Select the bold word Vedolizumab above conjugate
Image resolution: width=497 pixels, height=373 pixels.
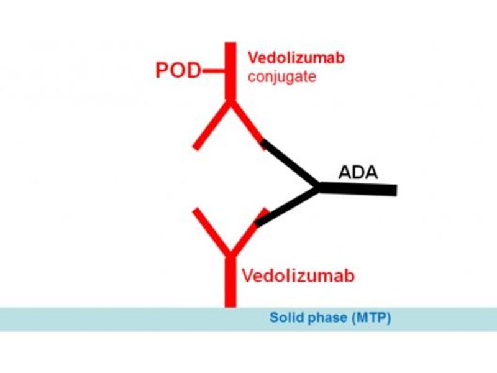tap(297, 58)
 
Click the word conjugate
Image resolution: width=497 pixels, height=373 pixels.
tap(282, 77)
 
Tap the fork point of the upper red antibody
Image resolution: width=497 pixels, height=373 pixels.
tap(230, 103)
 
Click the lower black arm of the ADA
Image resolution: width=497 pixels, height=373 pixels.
tap(287, 206)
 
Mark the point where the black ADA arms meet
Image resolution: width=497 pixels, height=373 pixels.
tap(319, 186)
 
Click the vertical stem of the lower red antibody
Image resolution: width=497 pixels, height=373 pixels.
tap(230, 280)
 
